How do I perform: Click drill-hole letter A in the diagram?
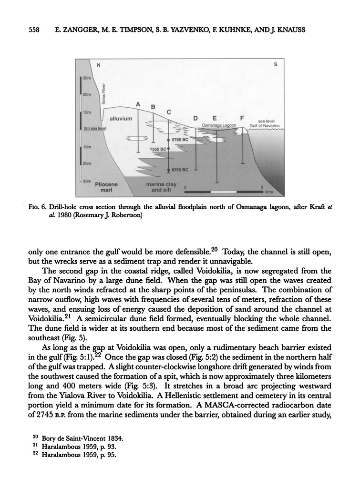pos(138,104)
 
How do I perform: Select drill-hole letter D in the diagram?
pos(195,118)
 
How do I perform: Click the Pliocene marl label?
pos(107,186)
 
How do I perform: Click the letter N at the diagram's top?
pos(99,65)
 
